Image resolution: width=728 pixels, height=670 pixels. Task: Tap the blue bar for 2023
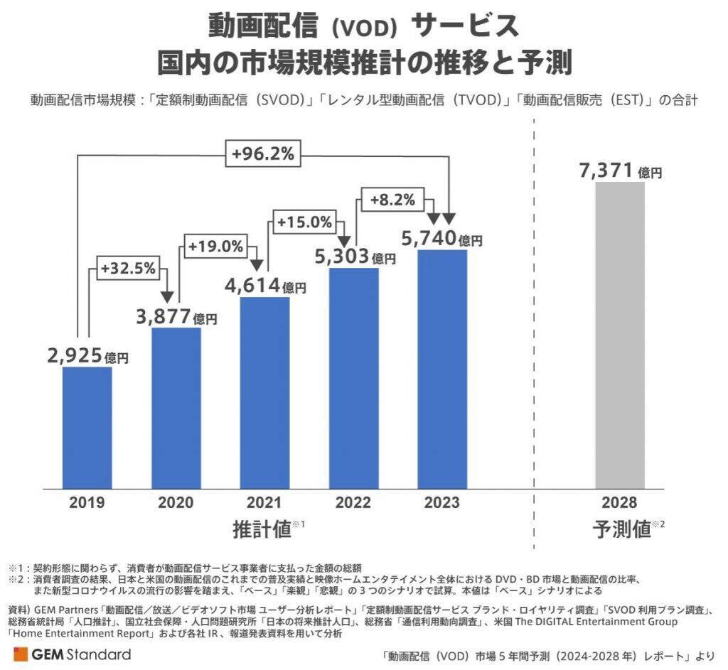click(442, 369)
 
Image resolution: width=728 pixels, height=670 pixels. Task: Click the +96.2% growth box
click(264, 153)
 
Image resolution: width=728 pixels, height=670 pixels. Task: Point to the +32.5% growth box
click(127, 271)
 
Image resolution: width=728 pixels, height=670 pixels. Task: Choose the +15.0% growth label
click(304, 222)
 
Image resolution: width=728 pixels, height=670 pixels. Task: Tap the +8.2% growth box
click(392, 200)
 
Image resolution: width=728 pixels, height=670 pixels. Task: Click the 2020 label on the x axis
click(176, 503)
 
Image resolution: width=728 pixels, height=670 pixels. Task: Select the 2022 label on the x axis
click(353, 503)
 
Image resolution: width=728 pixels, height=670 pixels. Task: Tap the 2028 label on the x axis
click(619, 503)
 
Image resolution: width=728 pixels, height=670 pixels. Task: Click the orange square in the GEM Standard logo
click(21, 654)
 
